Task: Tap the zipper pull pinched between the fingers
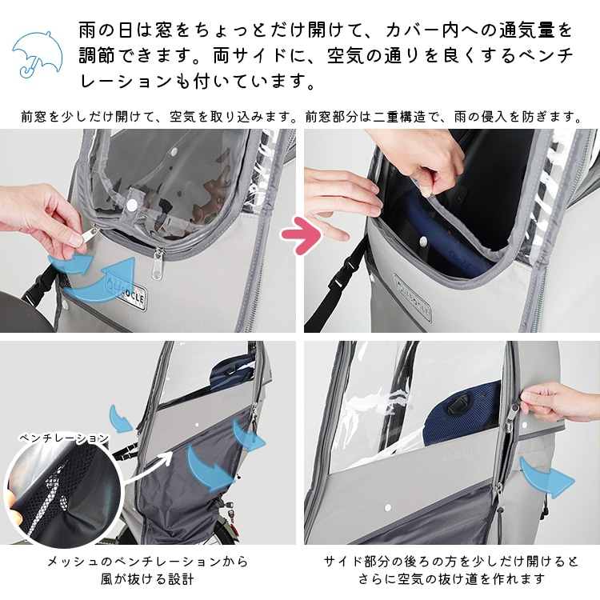[x=84, y=236]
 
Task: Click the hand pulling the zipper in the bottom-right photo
[x=559, y=401]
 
